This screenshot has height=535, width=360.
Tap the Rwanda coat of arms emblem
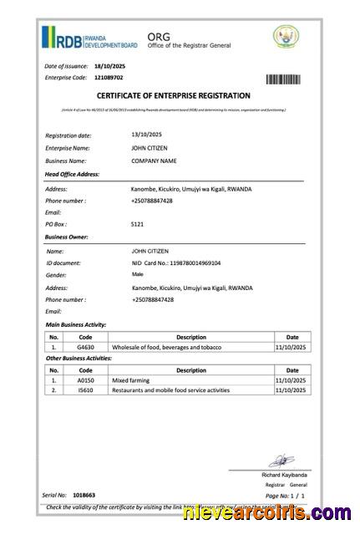(x=286, y=37)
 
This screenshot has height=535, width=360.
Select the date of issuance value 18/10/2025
(x=109, y=65)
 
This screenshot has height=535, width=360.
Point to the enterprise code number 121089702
(x=109, y=78)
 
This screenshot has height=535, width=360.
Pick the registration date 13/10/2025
(x=147, y=135)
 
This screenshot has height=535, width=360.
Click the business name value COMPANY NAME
(x=154, y=160)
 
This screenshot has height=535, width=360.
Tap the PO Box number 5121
(x=138, y=225)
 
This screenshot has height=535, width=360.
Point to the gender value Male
(x=137, y=274)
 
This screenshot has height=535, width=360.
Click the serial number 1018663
(x=84, y=496)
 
